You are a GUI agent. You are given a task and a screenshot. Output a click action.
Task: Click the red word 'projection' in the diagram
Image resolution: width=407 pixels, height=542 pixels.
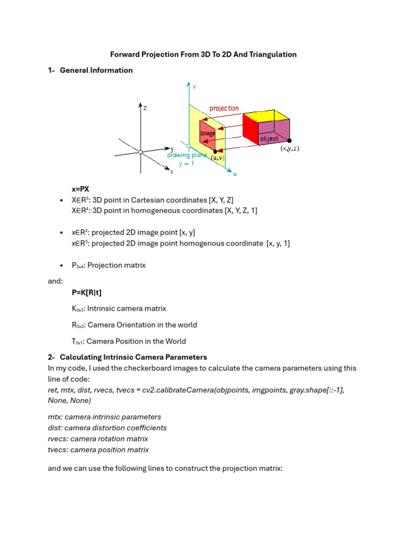[224, 109]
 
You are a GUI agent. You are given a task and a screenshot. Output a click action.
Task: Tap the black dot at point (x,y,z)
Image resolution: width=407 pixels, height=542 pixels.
[289, 140]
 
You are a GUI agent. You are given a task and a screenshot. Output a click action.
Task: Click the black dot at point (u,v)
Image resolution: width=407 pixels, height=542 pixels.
[215, 151]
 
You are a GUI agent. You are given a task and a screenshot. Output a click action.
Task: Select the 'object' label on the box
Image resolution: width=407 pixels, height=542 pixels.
[269, 139]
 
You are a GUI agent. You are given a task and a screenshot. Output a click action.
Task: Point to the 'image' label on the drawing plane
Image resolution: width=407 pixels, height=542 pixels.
[208, 133]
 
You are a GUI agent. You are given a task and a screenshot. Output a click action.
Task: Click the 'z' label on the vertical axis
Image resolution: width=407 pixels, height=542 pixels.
[145, 107]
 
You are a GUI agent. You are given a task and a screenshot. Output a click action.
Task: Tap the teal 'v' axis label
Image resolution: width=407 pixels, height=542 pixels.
[194, 86]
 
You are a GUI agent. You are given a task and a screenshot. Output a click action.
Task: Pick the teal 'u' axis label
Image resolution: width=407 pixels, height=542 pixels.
[235, 173]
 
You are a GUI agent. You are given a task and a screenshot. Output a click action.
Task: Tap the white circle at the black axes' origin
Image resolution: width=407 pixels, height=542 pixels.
[140, 152]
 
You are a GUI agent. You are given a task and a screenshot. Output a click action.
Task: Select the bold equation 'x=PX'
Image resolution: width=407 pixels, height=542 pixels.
[82, 189]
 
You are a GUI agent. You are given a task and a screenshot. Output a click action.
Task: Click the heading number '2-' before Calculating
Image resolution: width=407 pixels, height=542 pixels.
[52, 357]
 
